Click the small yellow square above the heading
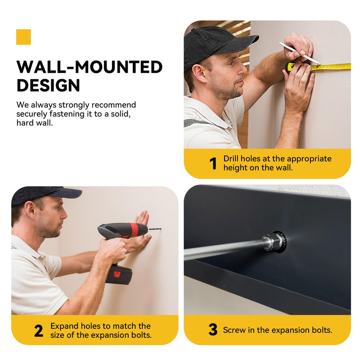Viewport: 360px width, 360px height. [23, 37]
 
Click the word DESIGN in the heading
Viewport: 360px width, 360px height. [48, 85]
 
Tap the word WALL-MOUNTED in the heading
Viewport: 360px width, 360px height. [90, 67]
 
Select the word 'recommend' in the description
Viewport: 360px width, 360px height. [114, 105]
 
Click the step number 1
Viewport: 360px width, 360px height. [213, 163]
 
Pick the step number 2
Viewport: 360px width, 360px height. [39, 331]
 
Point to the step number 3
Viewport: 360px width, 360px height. [213, 329]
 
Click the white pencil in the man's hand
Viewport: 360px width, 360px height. [300, 53]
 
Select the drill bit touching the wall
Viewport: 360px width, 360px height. [155, 229]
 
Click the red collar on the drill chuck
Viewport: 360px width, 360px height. [134, 229]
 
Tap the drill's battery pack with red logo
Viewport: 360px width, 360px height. [119, 274]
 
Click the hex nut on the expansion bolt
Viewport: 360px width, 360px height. [275, 242]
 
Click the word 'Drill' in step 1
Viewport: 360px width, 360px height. [231, 159]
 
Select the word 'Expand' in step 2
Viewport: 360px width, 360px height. [64, 326]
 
